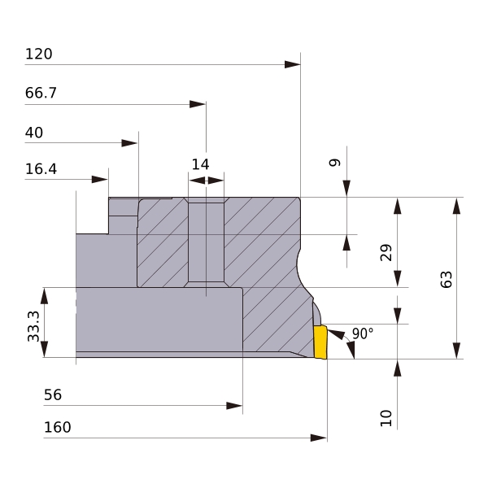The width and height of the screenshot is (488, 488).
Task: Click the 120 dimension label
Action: [x=38, y=54]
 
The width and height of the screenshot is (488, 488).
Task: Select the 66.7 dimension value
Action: [x=41, y=93]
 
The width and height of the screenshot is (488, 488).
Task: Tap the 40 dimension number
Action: [x=34, y=133]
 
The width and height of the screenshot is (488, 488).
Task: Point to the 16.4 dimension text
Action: [x=41, y=169]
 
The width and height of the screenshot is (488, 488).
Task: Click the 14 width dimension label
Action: [x=200, y=164]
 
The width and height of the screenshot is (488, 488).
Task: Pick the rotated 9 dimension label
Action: [x=335, y=163]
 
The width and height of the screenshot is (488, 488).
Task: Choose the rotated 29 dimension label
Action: [x=386, y=252]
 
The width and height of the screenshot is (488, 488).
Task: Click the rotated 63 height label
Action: [x=447, y=280]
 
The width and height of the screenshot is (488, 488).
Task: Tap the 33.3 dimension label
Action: [x=33, y=326]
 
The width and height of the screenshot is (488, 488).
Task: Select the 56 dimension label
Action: [x=53, y=395]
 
